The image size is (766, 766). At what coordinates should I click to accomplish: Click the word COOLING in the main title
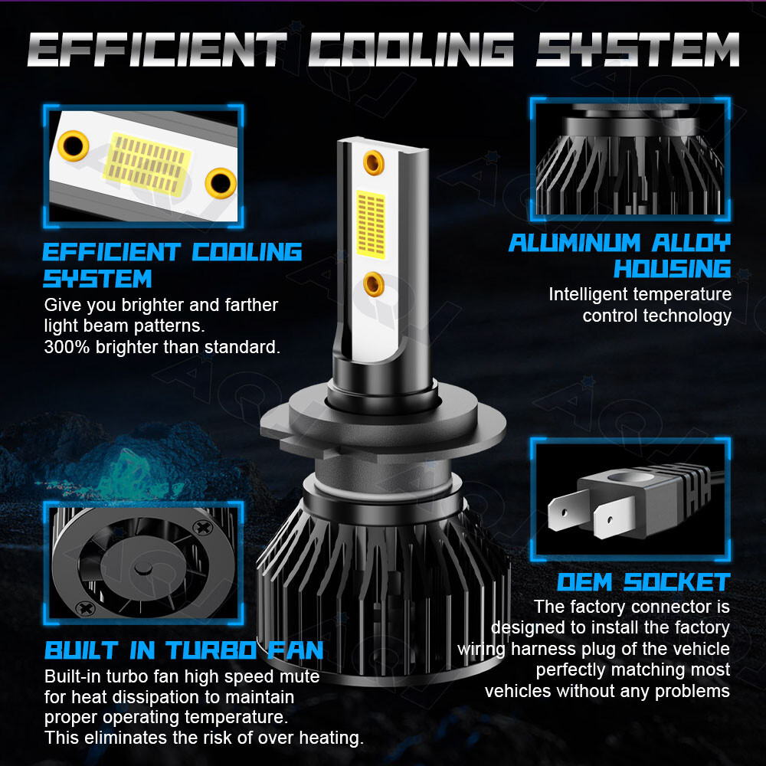(x=411, y=49)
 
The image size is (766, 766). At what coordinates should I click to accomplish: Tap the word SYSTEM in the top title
(x=637, y=49)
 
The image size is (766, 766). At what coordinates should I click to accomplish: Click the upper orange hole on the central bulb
(x=374, y=162)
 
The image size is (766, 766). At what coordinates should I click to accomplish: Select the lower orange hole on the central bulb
(x=374, y=284)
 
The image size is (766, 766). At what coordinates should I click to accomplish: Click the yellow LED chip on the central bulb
(x=371, y=224)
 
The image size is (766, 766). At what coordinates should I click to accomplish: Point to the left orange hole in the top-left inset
(x=74, y=146)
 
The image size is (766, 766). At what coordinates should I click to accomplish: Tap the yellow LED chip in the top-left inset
(x=147, y=164)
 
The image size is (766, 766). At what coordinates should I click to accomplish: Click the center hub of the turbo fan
(x=143, y=568)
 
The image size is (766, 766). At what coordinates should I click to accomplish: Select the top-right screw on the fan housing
(x=201, y=528)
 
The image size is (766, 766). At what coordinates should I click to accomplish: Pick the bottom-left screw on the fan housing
(x=87, y=609)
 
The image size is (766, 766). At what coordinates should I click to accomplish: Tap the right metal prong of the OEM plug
(x=614, y=519)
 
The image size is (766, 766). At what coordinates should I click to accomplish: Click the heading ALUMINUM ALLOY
(x=620, y=243)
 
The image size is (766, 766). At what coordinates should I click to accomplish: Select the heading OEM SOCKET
(x=643, y=582)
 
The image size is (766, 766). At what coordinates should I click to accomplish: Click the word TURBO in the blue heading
(x=212, y=650)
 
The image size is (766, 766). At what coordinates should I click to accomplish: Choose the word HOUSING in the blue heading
(x=673, y=269)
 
